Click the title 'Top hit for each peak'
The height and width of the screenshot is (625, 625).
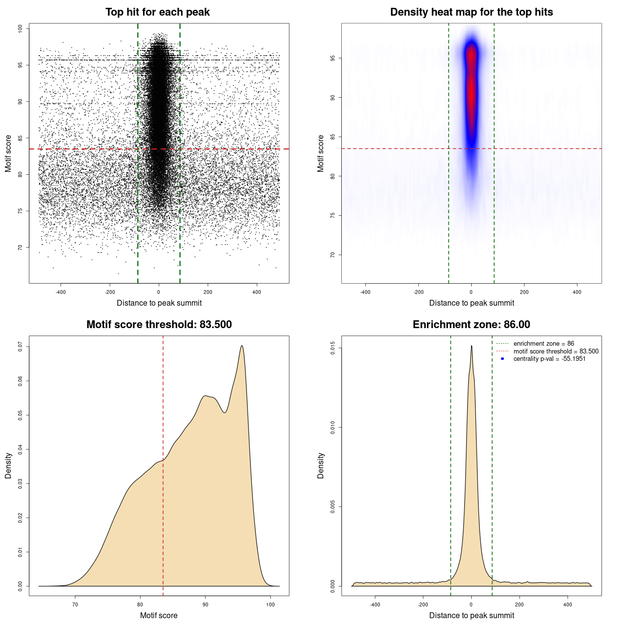(x=157, y=12)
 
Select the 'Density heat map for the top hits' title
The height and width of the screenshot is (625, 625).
(x=471, y=12)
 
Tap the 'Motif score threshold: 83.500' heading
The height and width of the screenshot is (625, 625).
(x=159, y=325)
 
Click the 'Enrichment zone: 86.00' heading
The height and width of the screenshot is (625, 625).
(x=471, y=325)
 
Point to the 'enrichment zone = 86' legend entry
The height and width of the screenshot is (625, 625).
(x=543, y=344)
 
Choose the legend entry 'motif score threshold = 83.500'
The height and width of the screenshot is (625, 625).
(x=556, y=351)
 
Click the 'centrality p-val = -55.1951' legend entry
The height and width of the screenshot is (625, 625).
(x=549, y=359)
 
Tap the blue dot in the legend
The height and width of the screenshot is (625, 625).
(x=502, y=359)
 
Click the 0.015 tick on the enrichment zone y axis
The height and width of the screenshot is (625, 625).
(x=333, y=348)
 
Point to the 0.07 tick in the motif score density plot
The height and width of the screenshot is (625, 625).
(x=21, y=347)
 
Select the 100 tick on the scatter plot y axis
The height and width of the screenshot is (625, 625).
(x=21, y=29)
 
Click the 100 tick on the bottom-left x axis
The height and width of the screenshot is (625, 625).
(x=271, y=604)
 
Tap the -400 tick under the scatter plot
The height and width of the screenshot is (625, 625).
(x=61, y=292)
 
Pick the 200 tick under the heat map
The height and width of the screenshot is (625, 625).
(x=524, y=292)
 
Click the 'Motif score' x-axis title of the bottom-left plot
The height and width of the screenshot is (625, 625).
(x=159, y=615)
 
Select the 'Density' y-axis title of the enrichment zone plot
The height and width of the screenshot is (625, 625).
(x=321, y=465)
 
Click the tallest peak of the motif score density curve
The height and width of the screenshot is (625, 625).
(x=242, y=346)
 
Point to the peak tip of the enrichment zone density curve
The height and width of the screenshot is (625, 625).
(x=471, y=346)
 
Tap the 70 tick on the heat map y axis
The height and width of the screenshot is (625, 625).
(x=333, y=255)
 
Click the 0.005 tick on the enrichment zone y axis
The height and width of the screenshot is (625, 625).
(x=333, y=507)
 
